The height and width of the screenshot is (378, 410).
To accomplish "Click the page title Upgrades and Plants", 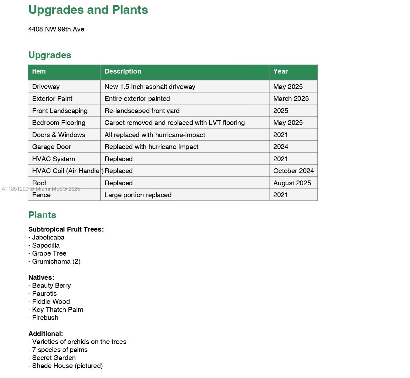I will coord(88,10).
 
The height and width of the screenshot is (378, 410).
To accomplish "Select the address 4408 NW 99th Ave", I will coord(56,29).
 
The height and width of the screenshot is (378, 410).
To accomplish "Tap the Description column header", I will coord(123,71).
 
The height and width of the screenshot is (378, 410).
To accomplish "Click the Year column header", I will coord(280,71).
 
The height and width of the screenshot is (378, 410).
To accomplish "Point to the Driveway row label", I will coord(46,87).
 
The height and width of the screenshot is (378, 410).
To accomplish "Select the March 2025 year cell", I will coord(291,99).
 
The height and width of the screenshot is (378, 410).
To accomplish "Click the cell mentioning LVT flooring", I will coord(175,123).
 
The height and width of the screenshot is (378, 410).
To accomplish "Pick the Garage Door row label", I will coord(51,147).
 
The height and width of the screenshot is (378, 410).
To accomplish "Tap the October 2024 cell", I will coord(293,171).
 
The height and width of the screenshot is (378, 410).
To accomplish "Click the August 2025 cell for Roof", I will coord(292,183).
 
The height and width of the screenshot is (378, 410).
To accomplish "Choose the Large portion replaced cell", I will coord(138,195).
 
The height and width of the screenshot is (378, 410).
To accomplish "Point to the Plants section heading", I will coord(42,215).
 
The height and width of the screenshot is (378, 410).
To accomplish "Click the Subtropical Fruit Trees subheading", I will coord(66,229).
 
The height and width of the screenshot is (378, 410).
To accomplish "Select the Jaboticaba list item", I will coord(48,237).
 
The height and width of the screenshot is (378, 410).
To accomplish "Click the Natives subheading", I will coord(41,277).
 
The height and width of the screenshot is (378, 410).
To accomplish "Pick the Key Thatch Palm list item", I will coord(58,310).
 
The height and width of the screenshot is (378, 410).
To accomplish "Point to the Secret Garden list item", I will coord(54,358).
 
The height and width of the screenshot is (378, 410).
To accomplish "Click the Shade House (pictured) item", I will coord(67,366).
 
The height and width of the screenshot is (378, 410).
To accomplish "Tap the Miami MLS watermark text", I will coord(41,189).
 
